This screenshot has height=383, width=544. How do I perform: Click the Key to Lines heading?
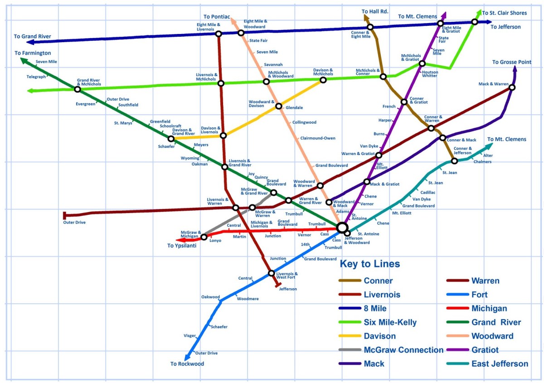[370, 264]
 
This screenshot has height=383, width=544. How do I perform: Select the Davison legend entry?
[379, 336]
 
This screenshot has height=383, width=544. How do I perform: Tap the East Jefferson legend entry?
[500, 364]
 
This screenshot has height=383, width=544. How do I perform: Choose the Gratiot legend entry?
[485, 350]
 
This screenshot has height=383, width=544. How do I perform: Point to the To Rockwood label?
[187, 364]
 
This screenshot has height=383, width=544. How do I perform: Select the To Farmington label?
[33, 53]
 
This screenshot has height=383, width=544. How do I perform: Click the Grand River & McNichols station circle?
[78, 89]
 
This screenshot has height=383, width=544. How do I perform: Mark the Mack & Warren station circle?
[512, 87]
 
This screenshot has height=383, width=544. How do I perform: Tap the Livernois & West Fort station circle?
[271, 273]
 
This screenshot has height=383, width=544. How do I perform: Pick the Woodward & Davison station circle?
[279, 107]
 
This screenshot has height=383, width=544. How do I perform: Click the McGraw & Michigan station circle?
[204, 237]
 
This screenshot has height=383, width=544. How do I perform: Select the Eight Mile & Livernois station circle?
[219, 34]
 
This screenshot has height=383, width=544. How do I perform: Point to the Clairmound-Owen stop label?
[318, 138]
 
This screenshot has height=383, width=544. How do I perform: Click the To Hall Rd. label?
[375, 11]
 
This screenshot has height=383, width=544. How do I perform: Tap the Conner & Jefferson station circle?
[454, 161]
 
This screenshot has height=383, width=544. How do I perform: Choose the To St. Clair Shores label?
[504, 13]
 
